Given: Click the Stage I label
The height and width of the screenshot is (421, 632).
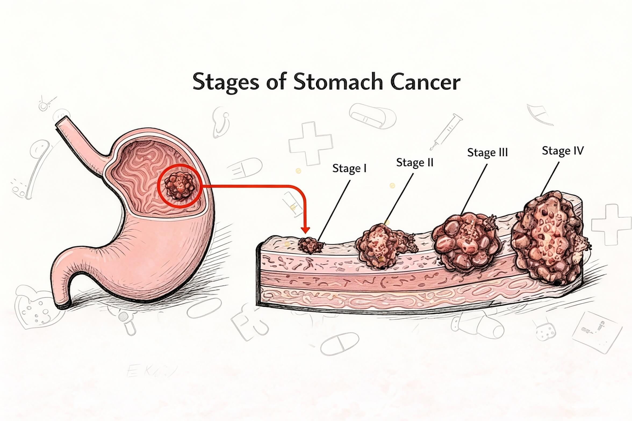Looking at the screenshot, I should (x=349, y=168).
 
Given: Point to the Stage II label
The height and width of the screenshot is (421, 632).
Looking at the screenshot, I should (x=415, y=162).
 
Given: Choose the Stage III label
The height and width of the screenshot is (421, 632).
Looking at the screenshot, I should (x=487, y=153).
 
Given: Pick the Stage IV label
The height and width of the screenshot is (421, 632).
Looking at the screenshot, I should (x=563, y=151).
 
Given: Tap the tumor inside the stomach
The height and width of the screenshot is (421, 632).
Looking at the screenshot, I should (x=179, y=186).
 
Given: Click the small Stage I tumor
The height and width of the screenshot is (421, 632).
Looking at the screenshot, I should (x=310, y=245).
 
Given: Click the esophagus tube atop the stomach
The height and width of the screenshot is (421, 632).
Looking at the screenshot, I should (x=81, y=140).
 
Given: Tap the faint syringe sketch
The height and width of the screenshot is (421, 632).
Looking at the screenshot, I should (x=446, y=132).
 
